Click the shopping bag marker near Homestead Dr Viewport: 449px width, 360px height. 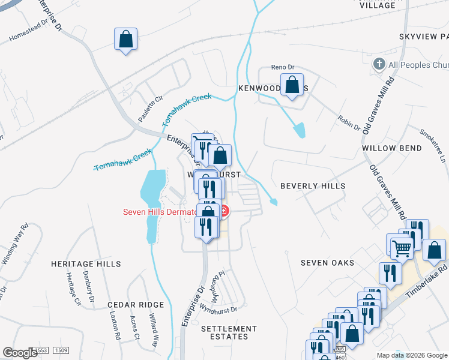coord(126,40)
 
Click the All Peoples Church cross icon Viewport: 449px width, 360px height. coord(379,64)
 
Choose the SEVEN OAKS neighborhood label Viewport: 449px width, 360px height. coord(327,263)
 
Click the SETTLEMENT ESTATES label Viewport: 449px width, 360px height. coord(229,332)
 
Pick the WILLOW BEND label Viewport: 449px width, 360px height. coord(387,148)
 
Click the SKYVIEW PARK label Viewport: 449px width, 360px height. coord(423,37)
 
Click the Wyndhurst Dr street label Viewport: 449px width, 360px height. coord(218,310)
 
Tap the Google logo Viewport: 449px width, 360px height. coord(20,353)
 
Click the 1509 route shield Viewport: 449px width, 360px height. coord(60,350)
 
